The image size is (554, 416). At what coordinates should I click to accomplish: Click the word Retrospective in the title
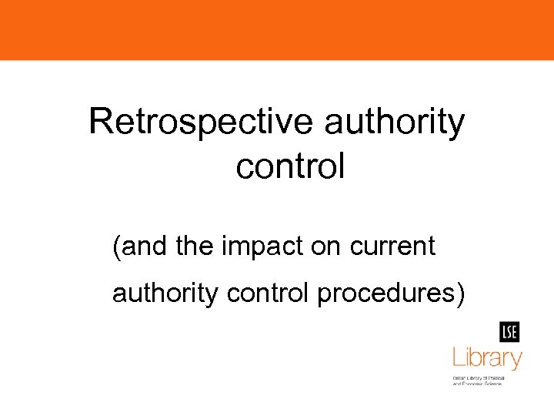[201, 122]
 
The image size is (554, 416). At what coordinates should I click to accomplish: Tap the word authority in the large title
[395, 122]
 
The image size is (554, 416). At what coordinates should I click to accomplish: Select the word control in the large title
[290, 166]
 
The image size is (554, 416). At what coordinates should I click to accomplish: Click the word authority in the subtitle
[165, 294]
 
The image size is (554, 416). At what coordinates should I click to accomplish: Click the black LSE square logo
[509, 332]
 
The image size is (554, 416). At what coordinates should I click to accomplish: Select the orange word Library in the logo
[486, 357]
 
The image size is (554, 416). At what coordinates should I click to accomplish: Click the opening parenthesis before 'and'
[116, 248]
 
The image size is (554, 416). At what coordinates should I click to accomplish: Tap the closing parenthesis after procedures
[460, 294]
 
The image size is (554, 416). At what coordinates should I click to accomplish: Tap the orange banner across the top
[277, 29]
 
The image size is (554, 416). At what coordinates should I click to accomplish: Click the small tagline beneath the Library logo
[477, 381]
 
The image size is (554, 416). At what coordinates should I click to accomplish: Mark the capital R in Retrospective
[101, 122]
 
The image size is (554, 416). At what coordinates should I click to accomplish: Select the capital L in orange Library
[457, 357]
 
